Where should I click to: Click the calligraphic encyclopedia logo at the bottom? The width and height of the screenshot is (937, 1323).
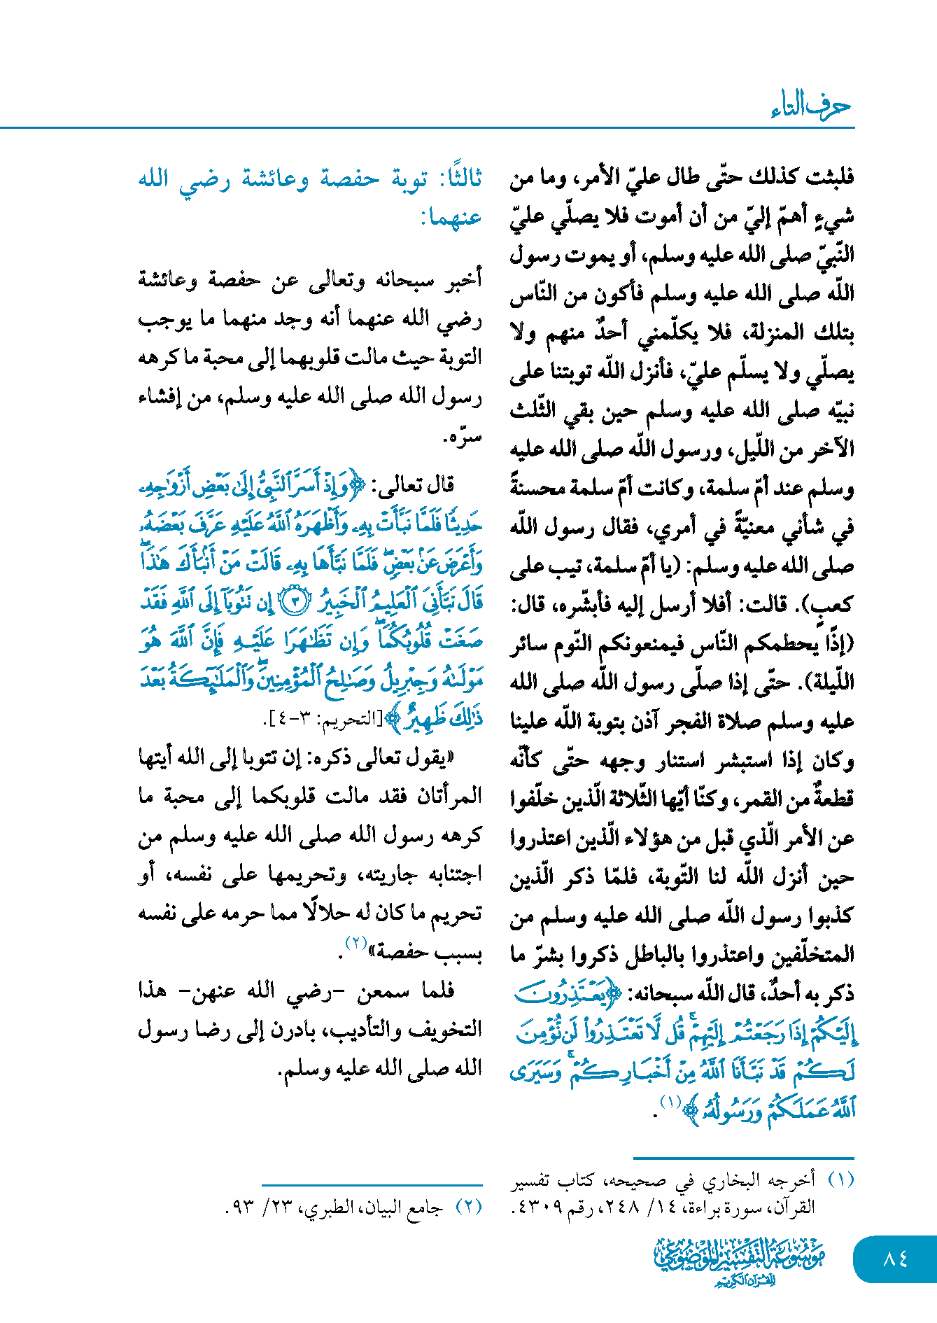[739, 1261]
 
